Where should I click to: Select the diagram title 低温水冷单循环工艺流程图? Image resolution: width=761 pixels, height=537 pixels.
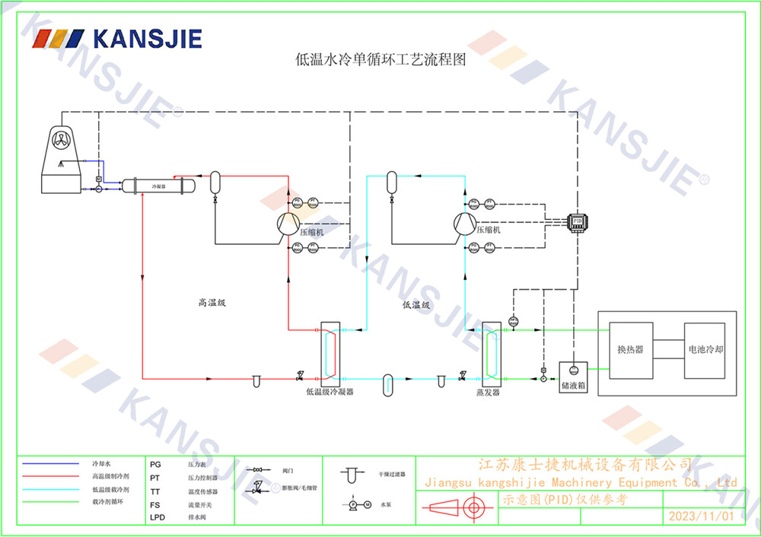(380, 59)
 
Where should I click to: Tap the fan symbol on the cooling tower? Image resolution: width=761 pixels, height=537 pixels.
(61, 138)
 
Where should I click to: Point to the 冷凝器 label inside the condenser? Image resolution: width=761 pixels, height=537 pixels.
(158, 186)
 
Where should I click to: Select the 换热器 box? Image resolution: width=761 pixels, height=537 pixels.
(630, 349)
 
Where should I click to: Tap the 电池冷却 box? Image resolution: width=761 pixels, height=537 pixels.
(705, 349)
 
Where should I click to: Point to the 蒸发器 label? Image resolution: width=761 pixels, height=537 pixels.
(488, 392)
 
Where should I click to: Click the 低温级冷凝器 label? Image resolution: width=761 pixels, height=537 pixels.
(330, 392)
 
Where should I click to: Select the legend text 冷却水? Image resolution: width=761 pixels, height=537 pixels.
(101, 463)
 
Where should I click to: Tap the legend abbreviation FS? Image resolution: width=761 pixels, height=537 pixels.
(155, 504)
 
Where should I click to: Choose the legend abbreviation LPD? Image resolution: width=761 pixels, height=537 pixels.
(157, 518)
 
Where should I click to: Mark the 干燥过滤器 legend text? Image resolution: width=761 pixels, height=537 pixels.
(390, 474)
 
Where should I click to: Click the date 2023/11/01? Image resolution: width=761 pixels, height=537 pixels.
(701, 516)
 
